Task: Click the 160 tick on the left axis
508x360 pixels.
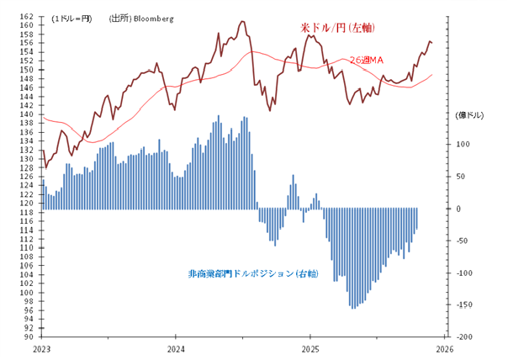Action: point(28,25)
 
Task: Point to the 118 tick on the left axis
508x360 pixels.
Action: point(28,212)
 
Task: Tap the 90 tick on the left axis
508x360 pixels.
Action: point(29,336)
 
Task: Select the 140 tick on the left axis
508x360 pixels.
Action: point(28,114)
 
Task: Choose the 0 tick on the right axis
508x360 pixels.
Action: point(465,209)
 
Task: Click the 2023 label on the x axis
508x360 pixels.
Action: point(42,347)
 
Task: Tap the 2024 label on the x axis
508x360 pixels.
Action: point(177,347)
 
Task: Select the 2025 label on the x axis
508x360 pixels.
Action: point(311,347)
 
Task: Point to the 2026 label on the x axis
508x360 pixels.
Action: point(446,347)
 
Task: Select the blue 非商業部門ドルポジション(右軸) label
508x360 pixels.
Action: point(252,274)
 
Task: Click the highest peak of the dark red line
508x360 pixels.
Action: point(242,21)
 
